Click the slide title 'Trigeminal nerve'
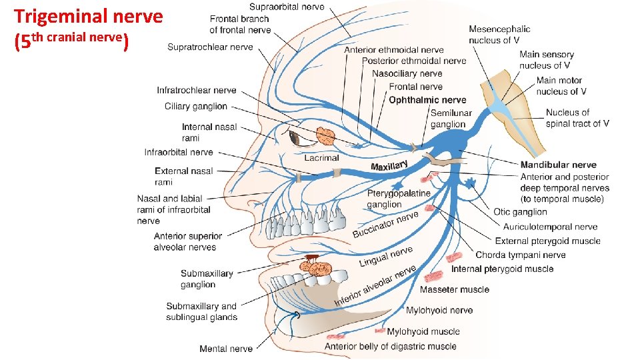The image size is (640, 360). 88,16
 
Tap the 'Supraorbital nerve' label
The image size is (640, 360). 287,7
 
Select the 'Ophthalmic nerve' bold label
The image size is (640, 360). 427,100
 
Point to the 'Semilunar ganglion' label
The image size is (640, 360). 451,119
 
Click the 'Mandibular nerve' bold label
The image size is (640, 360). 558,165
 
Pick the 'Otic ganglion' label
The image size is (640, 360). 520,212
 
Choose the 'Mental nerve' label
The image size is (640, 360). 226,349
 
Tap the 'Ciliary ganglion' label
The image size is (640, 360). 196,106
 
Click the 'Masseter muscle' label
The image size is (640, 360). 454,289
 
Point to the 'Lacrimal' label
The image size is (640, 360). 322,158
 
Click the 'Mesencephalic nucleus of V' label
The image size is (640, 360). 499,34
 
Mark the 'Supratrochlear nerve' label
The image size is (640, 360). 210,47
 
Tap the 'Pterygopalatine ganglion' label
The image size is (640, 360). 399,199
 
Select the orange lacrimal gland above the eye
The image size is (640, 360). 325,136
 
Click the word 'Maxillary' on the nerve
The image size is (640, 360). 389,165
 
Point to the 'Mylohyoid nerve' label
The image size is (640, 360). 439,310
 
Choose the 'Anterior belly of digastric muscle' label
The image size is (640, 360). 390,346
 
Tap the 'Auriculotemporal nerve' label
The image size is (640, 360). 550,227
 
